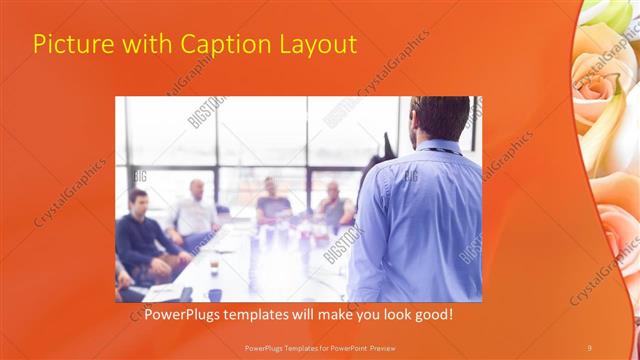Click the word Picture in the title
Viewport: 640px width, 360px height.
pos(72,45)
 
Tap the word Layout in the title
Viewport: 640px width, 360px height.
pos(314,45)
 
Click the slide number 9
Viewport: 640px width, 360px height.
pos(589,347)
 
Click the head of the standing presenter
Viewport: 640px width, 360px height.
pos(440,118)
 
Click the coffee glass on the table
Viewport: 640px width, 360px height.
pos(214,263)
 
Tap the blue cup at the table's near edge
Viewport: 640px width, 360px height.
pos(214,294)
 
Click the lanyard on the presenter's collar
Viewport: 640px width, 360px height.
pos(440,150)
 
